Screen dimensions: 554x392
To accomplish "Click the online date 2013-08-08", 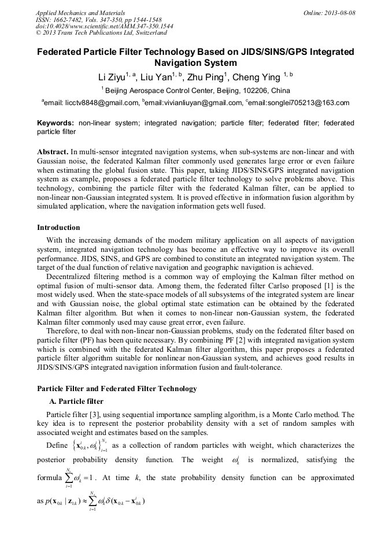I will pos(329,13).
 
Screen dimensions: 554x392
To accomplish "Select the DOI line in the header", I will pos(104,27).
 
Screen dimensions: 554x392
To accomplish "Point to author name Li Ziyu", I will pos(113,77).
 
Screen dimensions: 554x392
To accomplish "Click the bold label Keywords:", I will pos(56,123).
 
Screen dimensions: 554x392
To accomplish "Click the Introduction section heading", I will pos(58,228).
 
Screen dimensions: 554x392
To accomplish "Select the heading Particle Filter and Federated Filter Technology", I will pos(117,389).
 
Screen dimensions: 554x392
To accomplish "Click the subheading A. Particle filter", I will pos(76,401).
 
